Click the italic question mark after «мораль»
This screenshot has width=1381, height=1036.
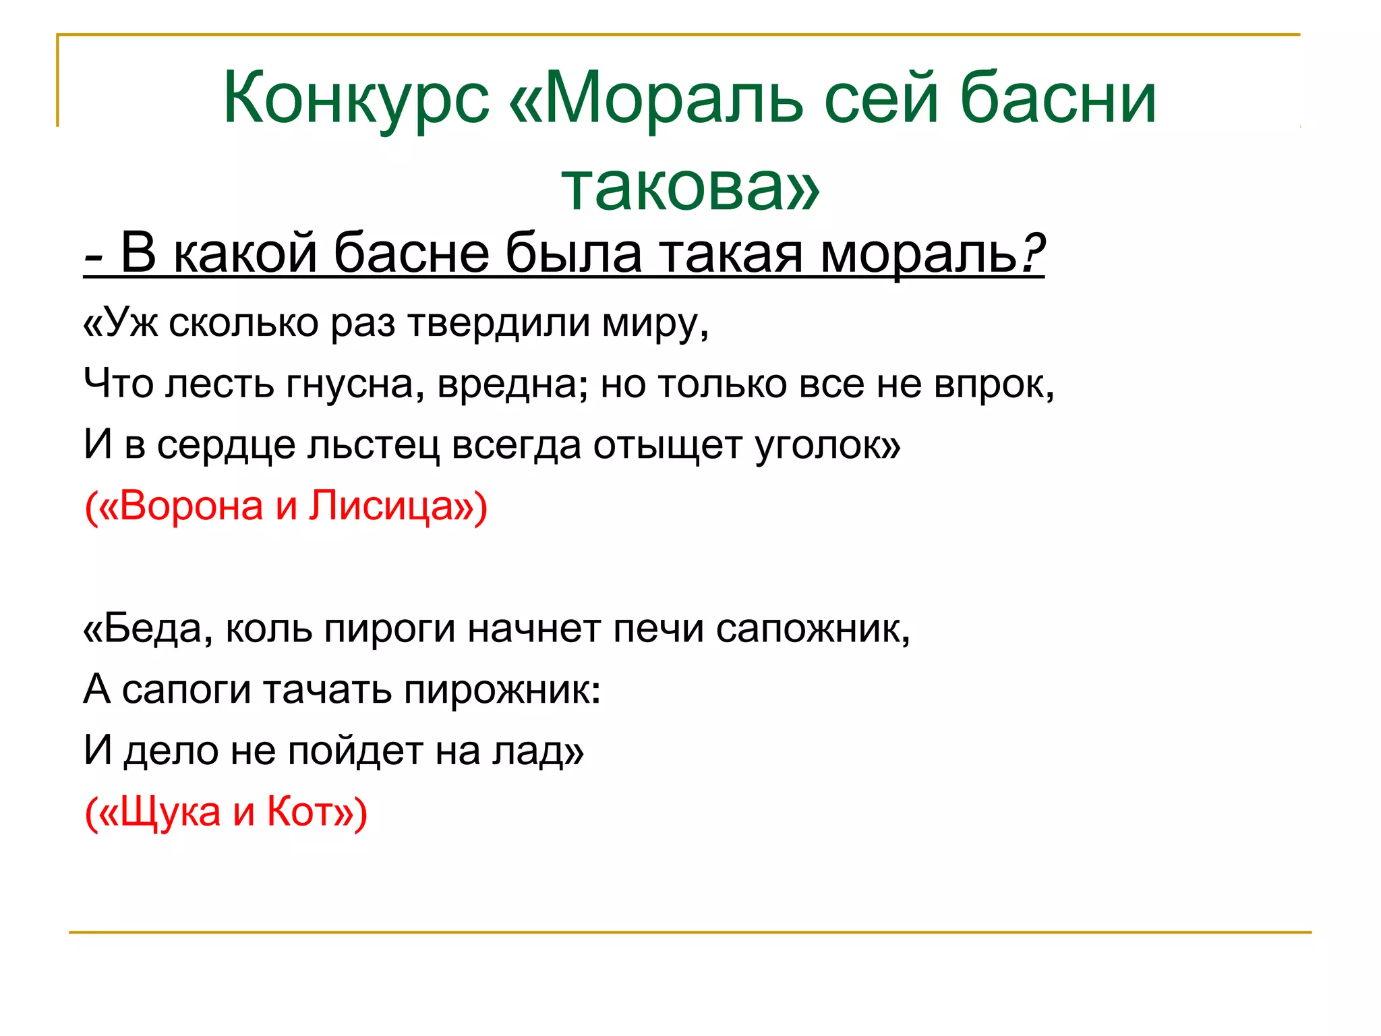(1032, 254)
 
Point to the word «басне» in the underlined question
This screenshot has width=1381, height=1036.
(411, 254)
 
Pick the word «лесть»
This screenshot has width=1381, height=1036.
(219, 384)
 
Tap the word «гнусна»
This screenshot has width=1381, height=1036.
(355, 385)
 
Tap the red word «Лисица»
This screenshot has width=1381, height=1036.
(382, 507)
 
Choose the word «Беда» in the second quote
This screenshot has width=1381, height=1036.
(152, 629)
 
